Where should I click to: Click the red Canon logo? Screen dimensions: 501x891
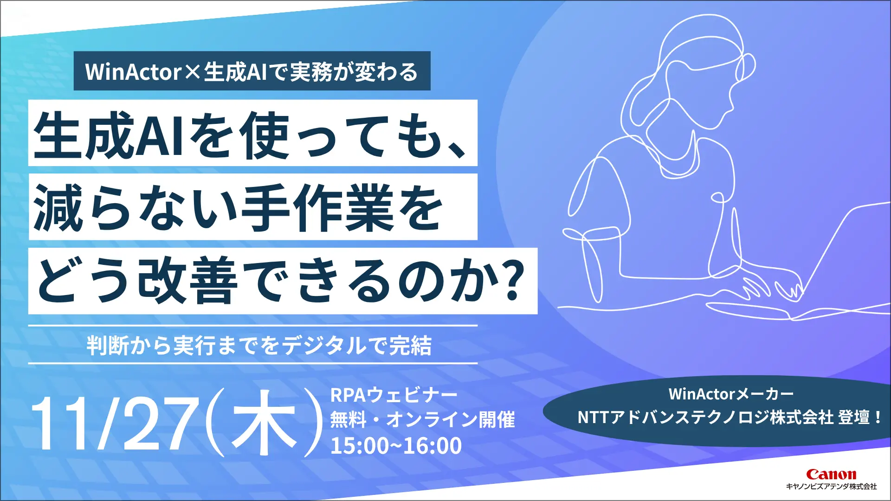[831, 474]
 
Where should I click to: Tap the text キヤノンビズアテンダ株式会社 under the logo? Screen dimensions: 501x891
[831, 487]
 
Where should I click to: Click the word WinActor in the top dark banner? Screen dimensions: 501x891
[133, 72]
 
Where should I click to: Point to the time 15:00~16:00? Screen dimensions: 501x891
[396, 446]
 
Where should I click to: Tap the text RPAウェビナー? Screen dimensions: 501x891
[394, 395]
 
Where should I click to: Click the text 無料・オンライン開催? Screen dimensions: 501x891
[422, 420]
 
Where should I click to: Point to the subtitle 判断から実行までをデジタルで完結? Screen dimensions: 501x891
[259, 346]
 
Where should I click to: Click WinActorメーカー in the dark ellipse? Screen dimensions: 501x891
[731, 394]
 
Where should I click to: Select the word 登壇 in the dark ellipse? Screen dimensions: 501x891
[854, 417]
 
